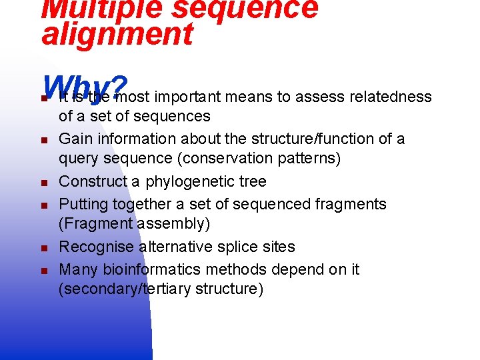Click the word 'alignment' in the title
tap(117, 35)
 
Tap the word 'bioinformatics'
tap(161, 269)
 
